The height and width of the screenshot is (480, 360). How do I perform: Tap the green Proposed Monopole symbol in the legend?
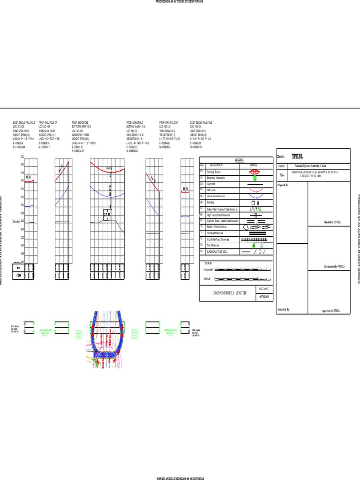255,178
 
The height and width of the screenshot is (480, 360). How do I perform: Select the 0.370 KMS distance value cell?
263,297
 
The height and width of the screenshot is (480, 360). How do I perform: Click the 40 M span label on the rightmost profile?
185,188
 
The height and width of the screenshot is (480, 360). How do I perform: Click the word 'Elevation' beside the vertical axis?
17,221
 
